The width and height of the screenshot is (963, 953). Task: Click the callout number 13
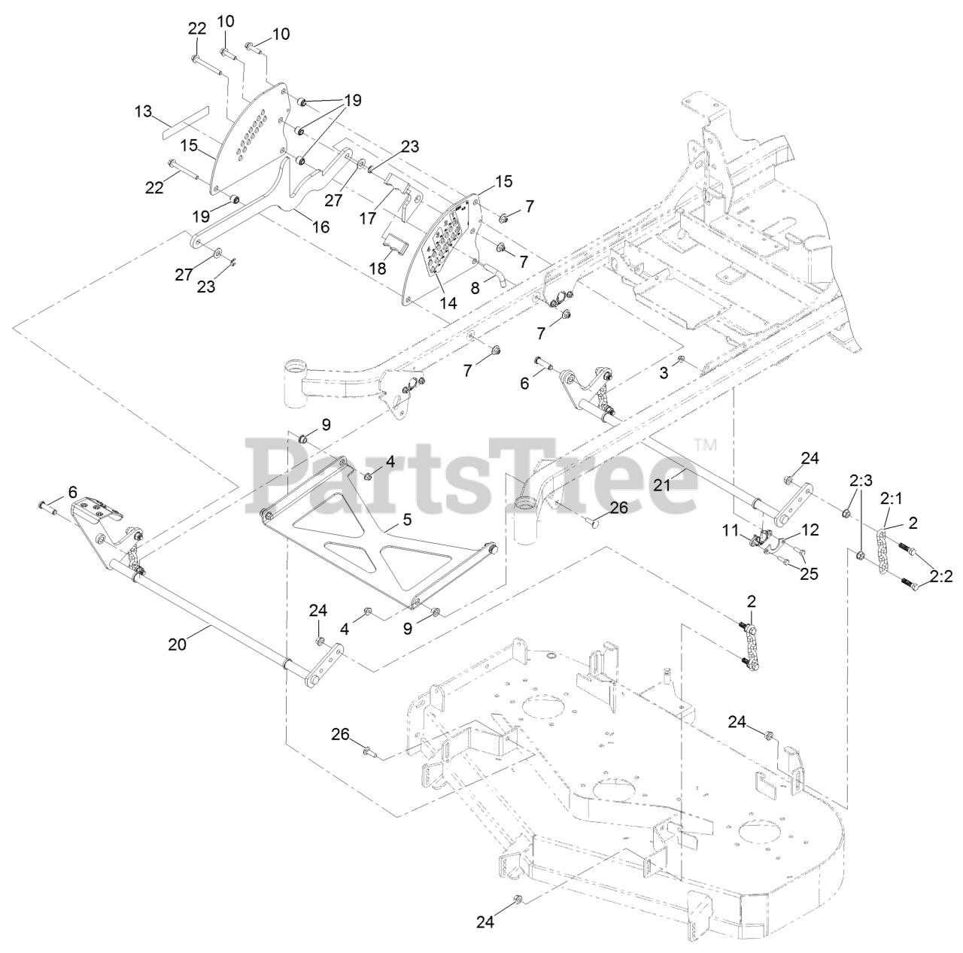pos(143,112)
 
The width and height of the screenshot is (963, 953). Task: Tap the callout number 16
pos(321,226)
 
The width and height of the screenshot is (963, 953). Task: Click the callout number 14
pos(448,303)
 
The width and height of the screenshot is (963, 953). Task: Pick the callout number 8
pos(475,287)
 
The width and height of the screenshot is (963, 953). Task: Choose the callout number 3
pos(664,373)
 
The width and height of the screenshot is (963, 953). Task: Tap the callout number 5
pos(407,519)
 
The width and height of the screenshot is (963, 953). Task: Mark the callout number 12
pos(810,530)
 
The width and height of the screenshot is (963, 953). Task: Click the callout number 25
pos(809,575)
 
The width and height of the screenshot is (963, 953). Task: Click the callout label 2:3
pos(861,480)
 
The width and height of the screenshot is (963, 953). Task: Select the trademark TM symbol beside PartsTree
pos(705,445)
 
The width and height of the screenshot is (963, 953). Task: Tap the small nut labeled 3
pos(681,361)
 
